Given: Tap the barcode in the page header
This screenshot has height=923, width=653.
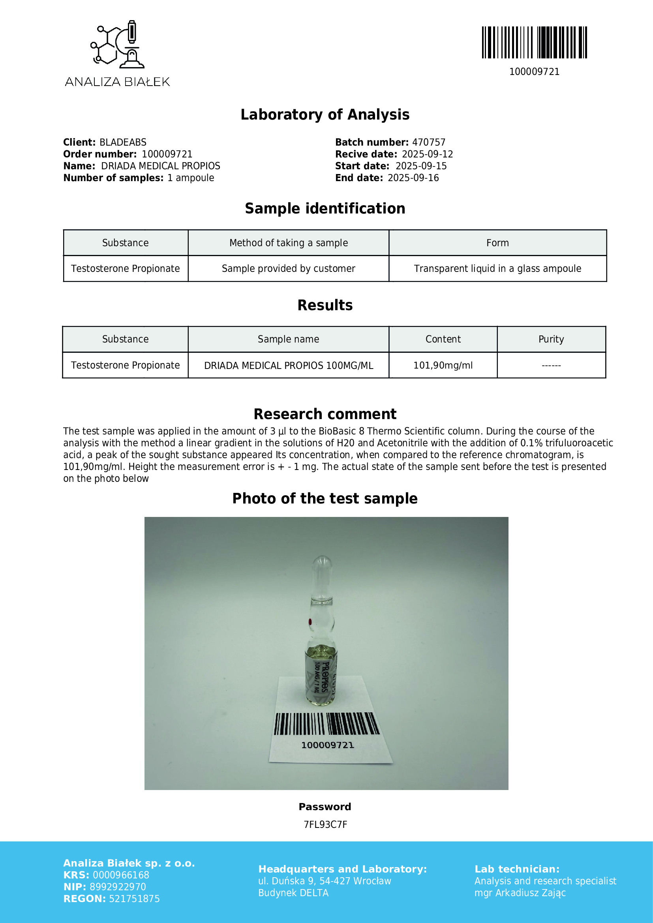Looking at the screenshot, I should pyautogui.click(x=534, y=42).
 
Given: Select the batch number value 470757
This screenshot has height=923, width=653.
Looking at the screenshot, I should pyautogui.click(x=429, y=142).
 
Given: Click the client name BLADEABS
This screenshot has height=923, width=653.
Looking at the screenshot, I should pyautogui.click(x=123, y=142).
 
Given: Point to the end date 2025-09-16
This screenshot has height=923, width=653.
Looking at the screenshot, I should pyautogui.click(x=413, y=178).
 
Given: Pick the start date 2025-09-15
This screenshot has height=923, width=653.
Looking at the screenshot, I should pyautogui.click(x=421, y=166).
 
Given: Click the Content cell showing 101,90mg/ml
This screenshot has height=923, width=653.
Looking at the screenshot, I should pyautogui.click(x=443, y=365).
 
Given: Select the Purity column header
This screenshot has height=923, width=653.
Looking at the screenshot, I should pyautogui.click(x=551, y=339).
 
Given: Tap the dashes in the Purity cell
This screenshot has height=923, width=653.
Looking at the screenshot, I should pyautogui.click(x=551, y=365).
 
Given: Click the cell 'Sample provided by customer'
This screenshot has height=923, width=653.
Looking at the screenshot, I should pyautogui.click(x=288, y=269).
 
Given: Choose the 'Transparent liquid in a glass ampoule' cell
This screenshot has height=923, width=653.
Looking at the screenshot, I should pyautogui.click(x=497, y=269).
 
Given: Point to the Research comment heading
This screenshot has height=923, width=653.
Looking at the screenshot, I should pyautogui.click(x=325, y=414).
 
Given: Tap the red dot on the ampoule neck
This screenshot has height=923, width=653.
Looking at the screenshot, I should pyautogui.click(x=310, y=622).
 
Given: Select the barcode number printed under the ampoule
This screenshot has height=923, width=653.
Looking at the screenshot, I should pyautogui.click(x=327, y=745).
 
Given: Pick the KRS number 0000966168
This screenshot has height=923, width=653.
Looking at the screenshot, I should pyautogui.click(x=121, y=875).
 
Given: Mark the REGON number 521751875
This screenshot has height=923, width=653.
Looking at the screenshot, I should pyautogui.click(x=134, y=899).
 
